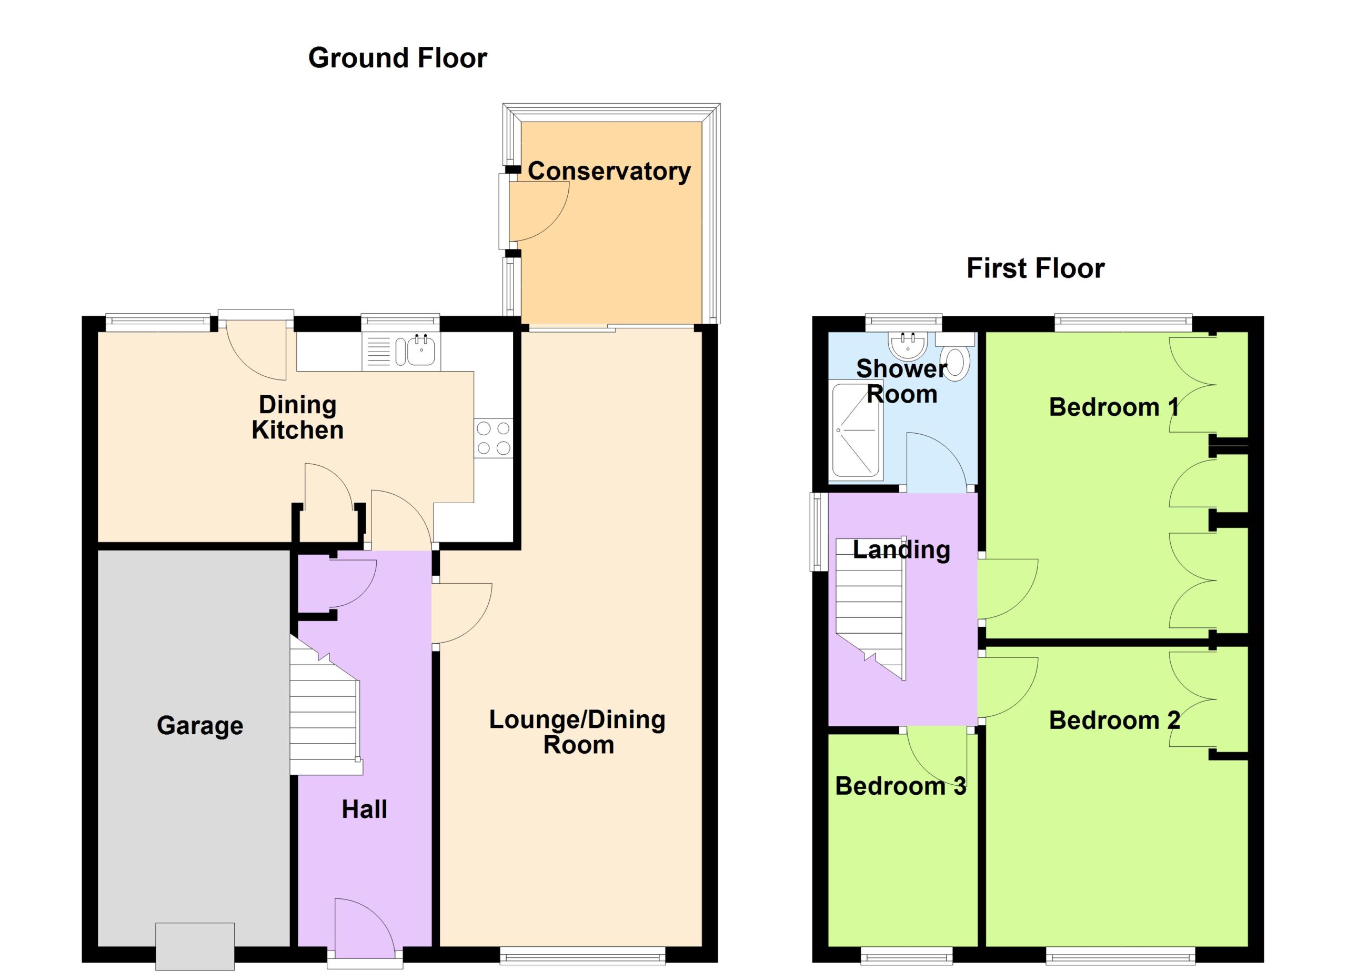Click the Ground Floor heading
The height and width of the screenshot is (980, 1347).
(x=397, y=58)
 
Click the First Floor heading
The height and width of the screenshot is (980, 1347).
(x=1035, y=268)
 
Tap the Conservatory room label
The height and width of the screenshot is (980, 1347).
(x=609, y=171)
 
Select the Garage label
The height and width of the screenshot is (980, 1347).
(x=199, y=725)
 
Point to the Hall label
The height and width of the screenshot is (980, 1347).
(x=364, y=809)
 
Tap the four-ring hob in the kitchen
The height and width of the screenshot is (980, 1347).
(x=493, y=438)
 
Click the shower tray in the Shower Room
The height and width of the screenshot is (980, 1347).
(x=856, y=430)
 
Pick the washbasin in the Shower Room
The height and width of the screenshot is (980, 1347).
(x=908, y=345)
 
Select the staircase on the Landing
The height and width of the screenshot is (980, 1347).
(x=871, y=609)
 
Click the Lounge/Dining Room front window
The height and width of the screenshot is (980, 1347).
(x=582, y=955)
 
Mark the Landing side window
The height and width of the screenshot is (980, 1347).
(x=819, y=532)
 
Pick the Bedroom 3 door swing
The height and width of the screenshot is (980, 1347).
(x=937, y=757)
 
